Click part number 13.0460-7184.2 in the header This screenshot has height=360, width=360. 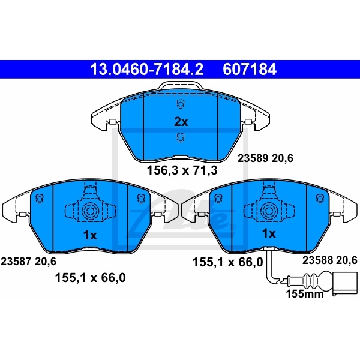[x=146, y=69]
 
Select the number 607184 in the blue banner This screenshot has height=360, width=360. [x=250, y=69]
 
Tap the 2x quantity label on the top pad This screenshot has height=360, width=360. [x=181, y=122]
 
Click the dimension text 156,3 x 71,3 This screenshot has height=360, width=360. [x=181, y=170]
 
